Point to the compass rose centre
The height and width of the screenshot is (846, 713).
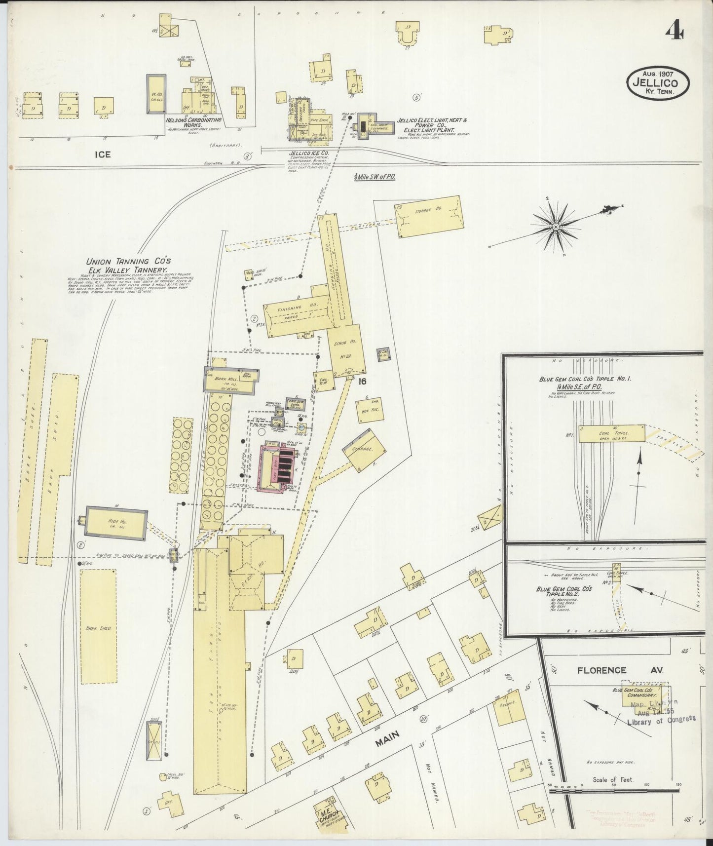point(556,226)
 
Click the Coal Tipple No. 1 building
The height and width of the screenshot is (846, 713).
point(611,434)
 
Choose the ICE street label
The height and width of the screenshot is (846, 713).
point(103,154)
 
